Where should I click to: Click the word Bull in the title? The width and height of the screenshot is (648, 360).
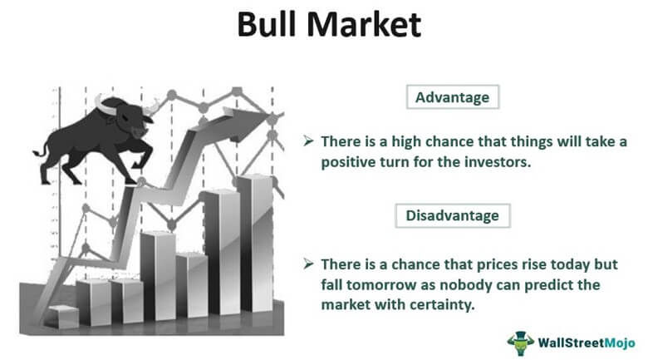pos(268,24)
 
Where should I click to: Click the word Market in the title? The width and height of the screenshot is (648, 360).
pos(364,24)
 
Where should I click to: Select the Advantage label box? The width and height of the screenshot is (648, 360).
pos(453,97)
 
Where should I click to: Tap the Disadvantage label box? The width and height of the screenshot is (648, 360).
pos(453,215)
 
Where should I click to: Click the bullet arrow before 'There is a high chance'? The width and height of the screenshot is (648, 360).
pos(308,141)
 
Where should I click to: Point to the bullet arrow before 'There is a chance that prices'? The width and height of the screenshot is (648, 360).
pos(308,264)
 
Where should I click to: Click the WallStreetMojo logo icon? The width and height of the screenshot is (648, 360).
pos(521,343)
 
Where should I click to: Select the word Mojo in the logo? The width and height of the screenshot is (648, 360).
pos(620,343)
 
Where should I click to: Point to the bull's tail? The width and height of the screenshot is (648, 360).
pos(42,150)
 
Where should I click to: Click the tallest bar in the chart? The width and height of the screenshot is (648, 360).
pos(256,244)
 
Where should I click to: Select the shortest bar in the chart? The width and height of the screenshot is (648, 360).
pos(63,317)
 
